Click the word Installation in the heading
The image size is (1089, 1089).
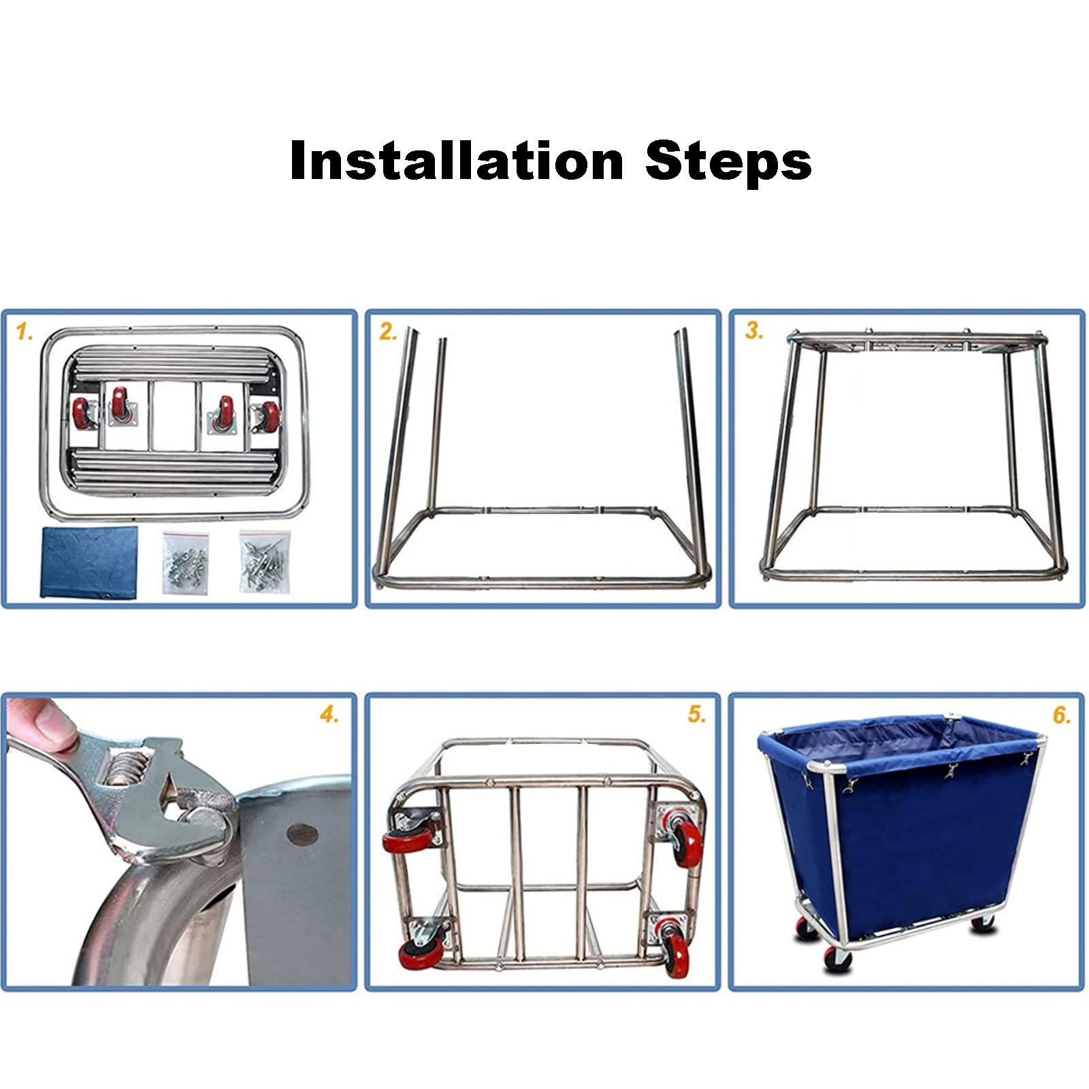point(457,161)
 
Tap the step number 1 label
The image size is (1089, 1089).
point(25,332)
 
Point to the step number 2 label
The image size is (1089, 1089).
point(388,332)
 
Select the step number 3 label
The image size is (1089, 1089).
point(754,331)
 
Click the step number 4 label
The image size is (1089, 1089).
point(329,715)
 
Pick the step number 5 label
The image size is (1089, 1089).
point(696,715)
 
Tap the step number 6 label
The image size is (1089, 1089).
point(1062,715)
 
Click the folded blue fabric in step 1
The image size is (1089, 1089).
point(88,562)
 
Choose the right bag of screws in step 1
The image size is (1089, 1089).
point(265,562)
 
